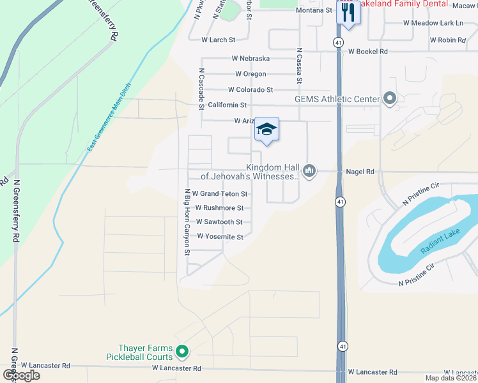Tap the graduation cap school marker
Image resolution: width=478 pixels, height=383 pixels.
pos(266,130)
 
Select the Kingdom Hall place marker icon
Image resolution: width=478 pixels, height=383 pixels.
pos(309,170)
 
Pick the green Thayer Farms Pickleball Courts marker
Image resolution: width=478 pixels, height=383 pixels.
pos(182,351)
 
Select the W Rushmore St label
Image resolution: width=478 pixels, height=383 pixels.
pos(219,208)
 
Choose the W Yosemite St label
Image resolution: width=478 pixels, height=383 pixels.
pos(220,237)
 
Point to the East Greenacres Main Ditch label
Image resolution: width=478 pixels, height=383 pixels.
pos(109,119)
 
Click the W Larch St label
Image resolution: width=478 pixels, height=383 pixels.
pos(219,40)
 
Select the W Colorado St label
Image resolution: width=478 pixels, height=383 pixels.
pos(250,90)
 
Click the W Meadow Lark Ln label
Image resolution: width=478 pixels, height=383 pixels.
pos(433,23)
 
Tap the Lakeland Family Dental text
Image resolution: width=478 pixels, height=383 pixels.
pos(395,4)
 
